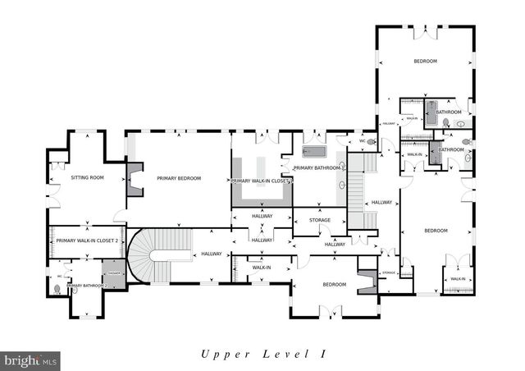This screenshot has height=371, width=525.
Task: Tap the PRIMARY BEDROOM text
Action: pyautogui.click(x=179, y=178)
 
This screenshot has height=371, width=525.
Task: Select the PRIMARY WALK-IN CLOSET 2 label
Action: pyautogui.click(x=88, y=240)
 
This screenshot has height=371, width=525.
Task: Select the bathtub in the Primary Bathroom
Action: pyautogui.click(x=314, y=152)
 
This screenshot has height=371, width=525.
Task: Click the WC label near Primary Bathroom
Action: pyautogui.click(x=362, y=141)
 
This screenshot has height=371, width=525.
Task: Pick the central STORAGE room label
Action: pyautogui.click(x=320, y=220)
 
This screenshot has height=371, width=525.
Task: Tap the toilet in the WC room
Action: pyautogui.click(x=371, y=141)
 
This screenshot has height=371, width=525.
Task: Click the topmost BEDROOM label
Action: pyautogui.click(x=425, y=62)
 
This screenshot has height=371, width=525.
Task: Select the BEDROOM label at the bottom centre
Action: pyautogui.click(x=334, y=285)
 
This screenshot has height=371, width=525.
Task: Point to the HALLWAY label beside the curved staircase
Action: pyautogui.click(x=212, y=254)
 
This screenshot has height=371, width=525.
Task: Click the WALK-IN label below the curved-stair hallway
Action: pyautogui.click(x=262, y=268)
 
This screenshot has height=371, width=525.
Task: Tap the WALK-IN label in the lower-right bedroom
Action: pyautogui.click(x=457, y=279)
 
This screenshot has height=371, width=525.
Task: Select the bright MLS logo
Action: pyautogui.click(x=31, y=360)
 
